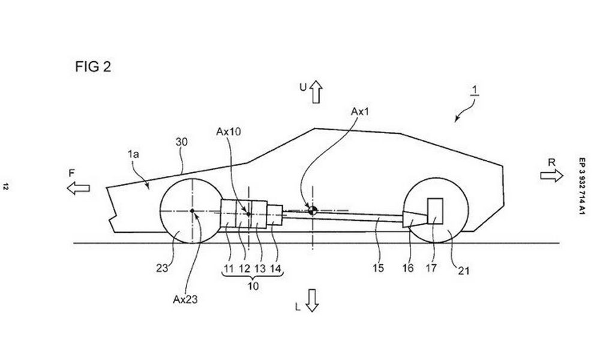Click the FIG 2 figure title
point(93,67)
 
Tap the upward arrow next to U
point(316,91)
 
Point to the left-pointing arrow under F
point(78,188)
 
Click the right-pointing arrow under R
point(551,176)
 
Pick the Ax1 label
point(360,112)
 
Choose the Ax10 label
point(229,131)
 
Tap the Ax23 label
point(185,299)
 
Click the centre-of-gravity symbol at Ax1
point(312,210)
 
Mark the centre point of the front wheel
point(192,211)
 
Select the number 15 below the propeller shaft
point(378,268)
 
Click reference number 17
point(431,268)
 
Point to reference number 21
point(463,271)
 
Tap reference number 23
point(162,268)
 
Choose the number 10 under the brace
point(253,286)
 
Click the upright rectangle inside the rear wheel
point(435,211)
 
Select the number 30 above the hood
point(182,142)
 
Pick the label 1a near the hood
point(134,154)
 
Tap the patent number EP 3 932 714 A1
point(581,186)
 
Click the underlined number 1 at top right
point(475,91)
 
